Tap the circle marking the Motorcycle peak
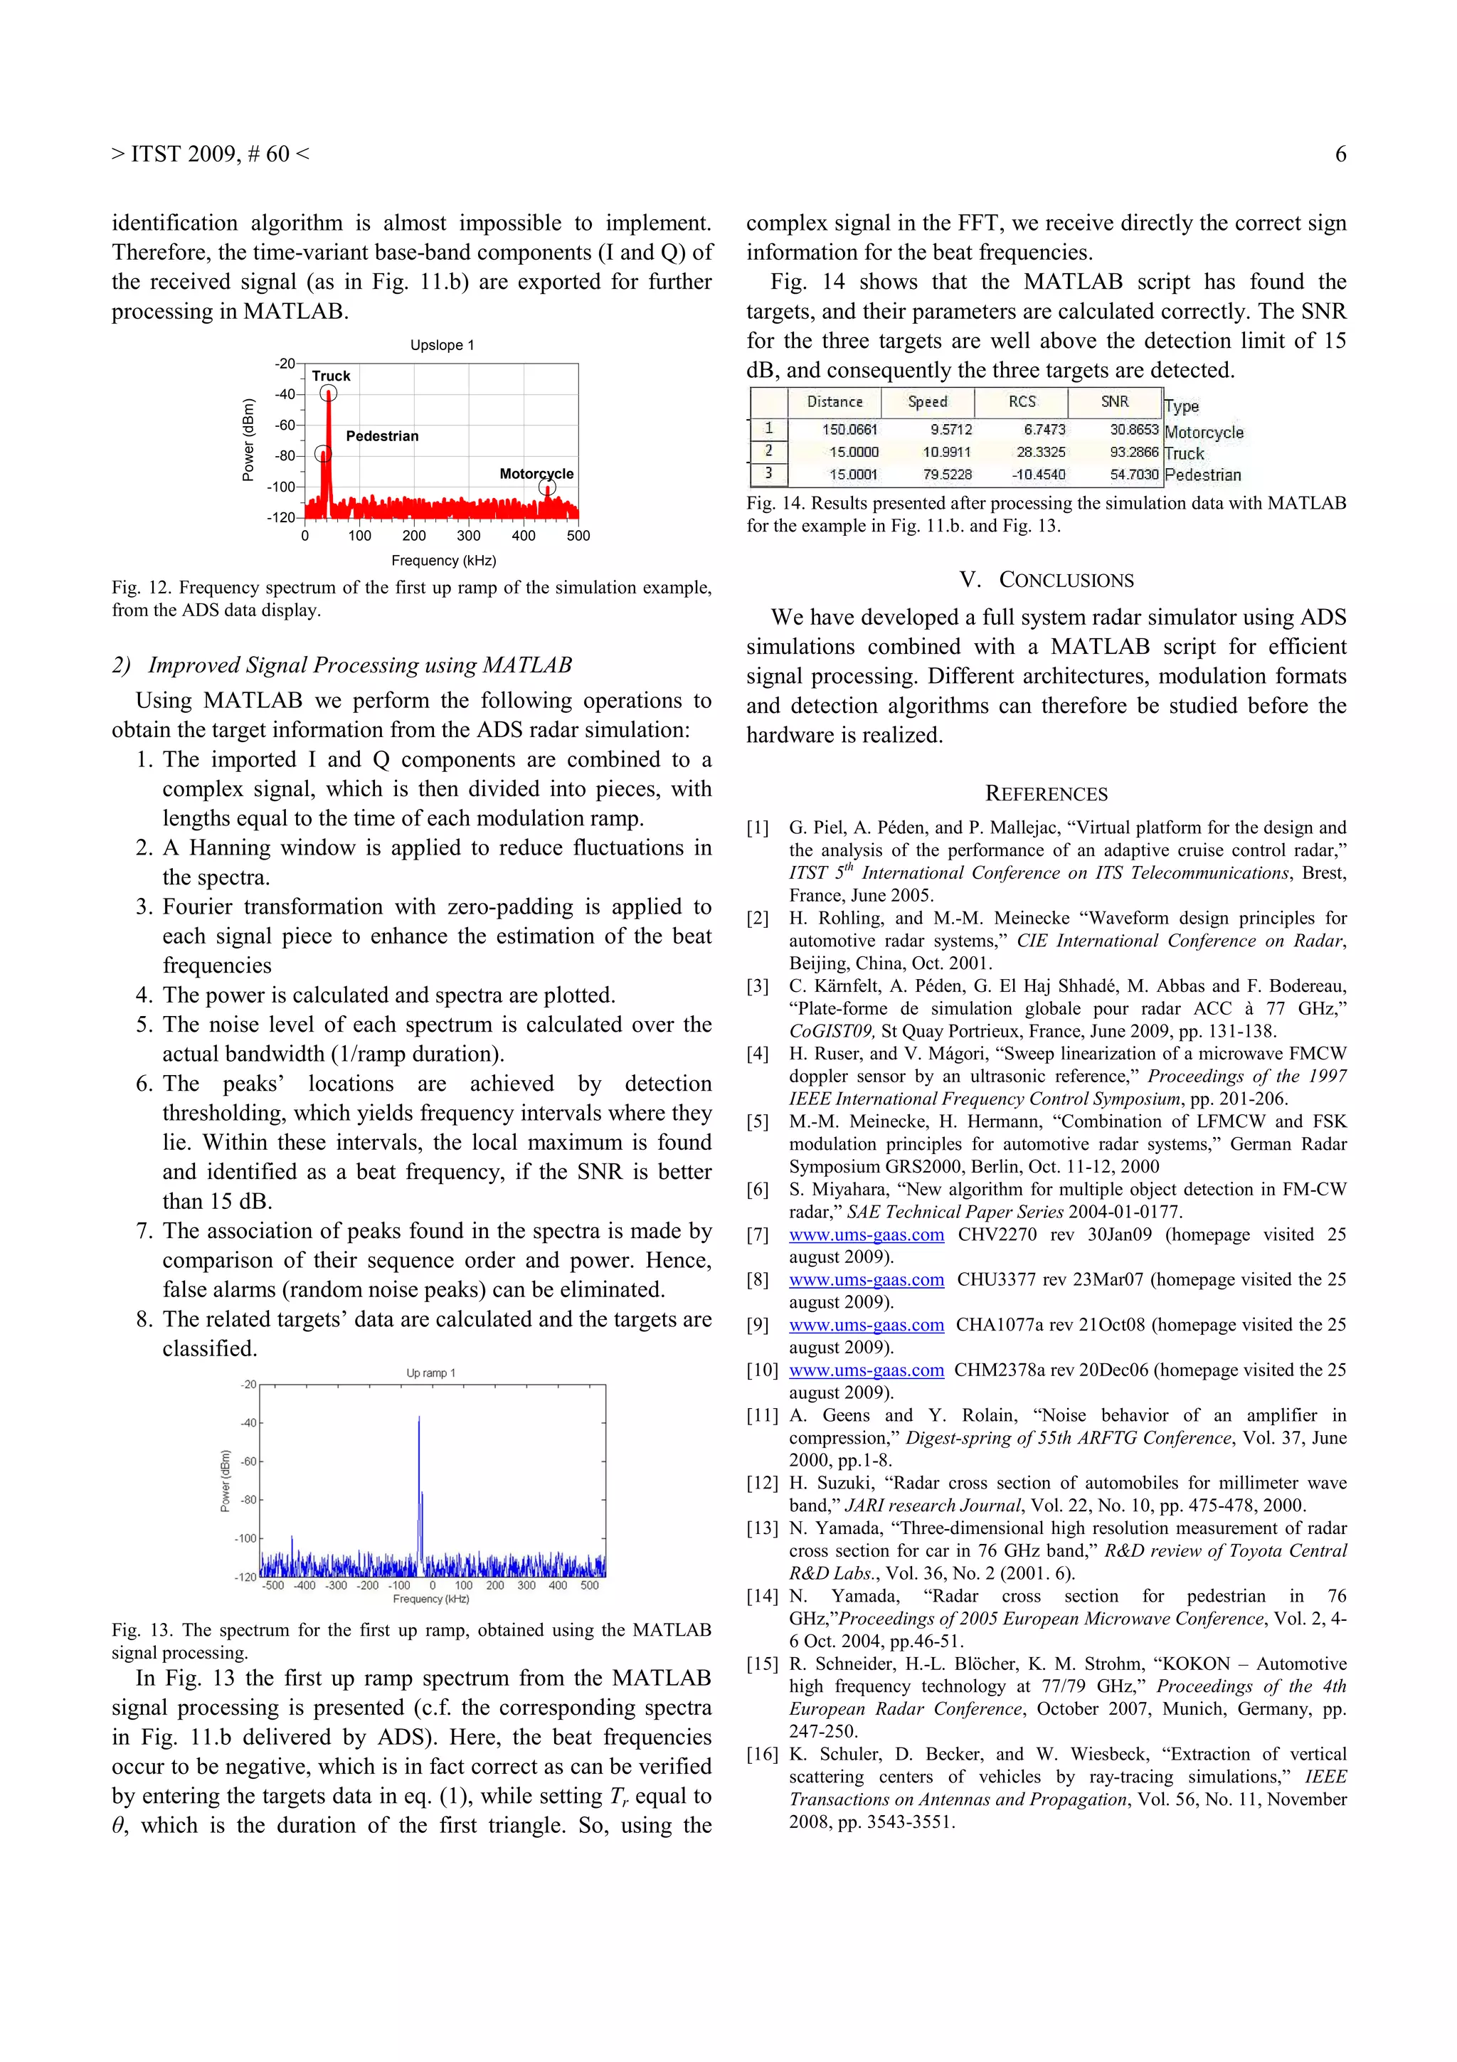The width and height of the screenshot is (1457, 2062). click(546, 487)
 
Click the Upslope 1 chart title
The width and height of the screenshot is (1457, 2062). click(442, 345)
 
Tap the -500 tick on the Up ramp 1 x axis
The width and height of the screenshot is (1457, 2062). click(273, 1586)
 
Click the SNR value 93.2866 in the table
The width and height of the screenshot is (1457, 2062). click(1134, 453)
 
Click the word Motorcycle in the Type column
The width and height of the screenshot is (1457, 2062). click(1203, 433)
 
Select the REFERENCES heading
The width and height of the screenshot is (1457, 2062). click(1046, 794)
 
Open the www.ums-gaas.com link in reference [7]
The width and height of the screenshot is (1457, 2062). click(867, 1235)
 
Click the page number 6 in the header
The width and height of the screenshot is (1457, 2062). click(1340, 154)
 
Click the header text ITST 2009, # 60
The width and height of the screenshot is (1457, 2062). click(210, 154)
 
